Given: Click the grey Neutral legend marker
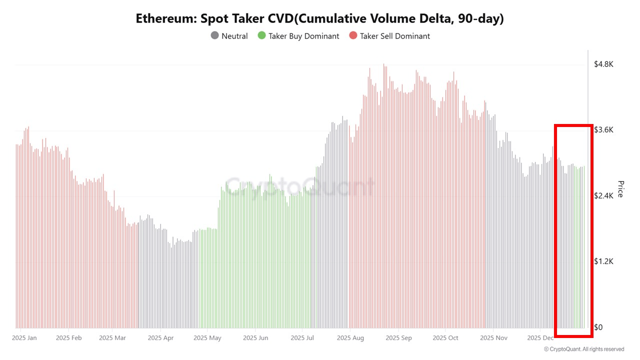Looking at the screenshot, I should pyautogui.click(x=214, y=36).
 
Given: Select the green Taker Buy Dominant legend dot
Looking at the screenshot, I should pyautogui.click(x=261, y=36).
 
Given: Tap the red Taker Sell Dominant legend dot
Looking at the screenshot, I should pyautogui.click(x=353, y=36).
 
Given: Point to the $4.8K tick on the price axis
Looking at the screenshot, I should pyautogui.click(x=603, y=64).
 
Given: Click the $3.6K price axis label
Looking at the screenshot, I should pyautogui.click(x=603, y=130).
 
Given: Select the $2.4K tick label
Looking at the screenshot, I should pyautogui.click(x=603, y=196).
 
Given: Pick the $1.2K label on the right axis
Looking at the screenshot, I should pyautogui.click(x=603, y=261).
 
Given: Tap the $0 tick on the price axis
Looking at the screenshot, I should pyautogui.click(x=598, y=327).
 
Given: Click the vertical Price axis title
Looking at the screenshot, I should pyautogui.click(x=620, y=189).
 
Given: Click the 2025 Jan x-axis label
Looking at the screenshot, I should pyautogui.click(x=24, y=338).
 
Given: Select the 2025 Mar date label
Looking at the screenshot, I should pyautogui.click(x=112, y=338).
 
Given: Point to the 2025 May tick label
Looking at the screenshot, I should pyautogui.click(x=207, y=338).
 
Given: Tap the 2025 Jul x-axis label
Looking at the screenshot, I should pyautogui.click(x=302, y=338).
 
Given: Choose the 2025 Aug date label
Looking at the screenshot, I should pyautogui.click(x=350, y=338).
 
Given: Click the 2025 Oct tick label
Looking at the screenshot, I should pyautogui.click(x=446, y=338).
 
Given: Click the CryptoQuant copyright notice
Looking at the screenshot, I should pyautogui.click(x=583, y=349).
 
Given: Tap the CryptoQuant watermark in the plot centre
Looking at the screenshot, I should pyautogui.click(x=299, y=186).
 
